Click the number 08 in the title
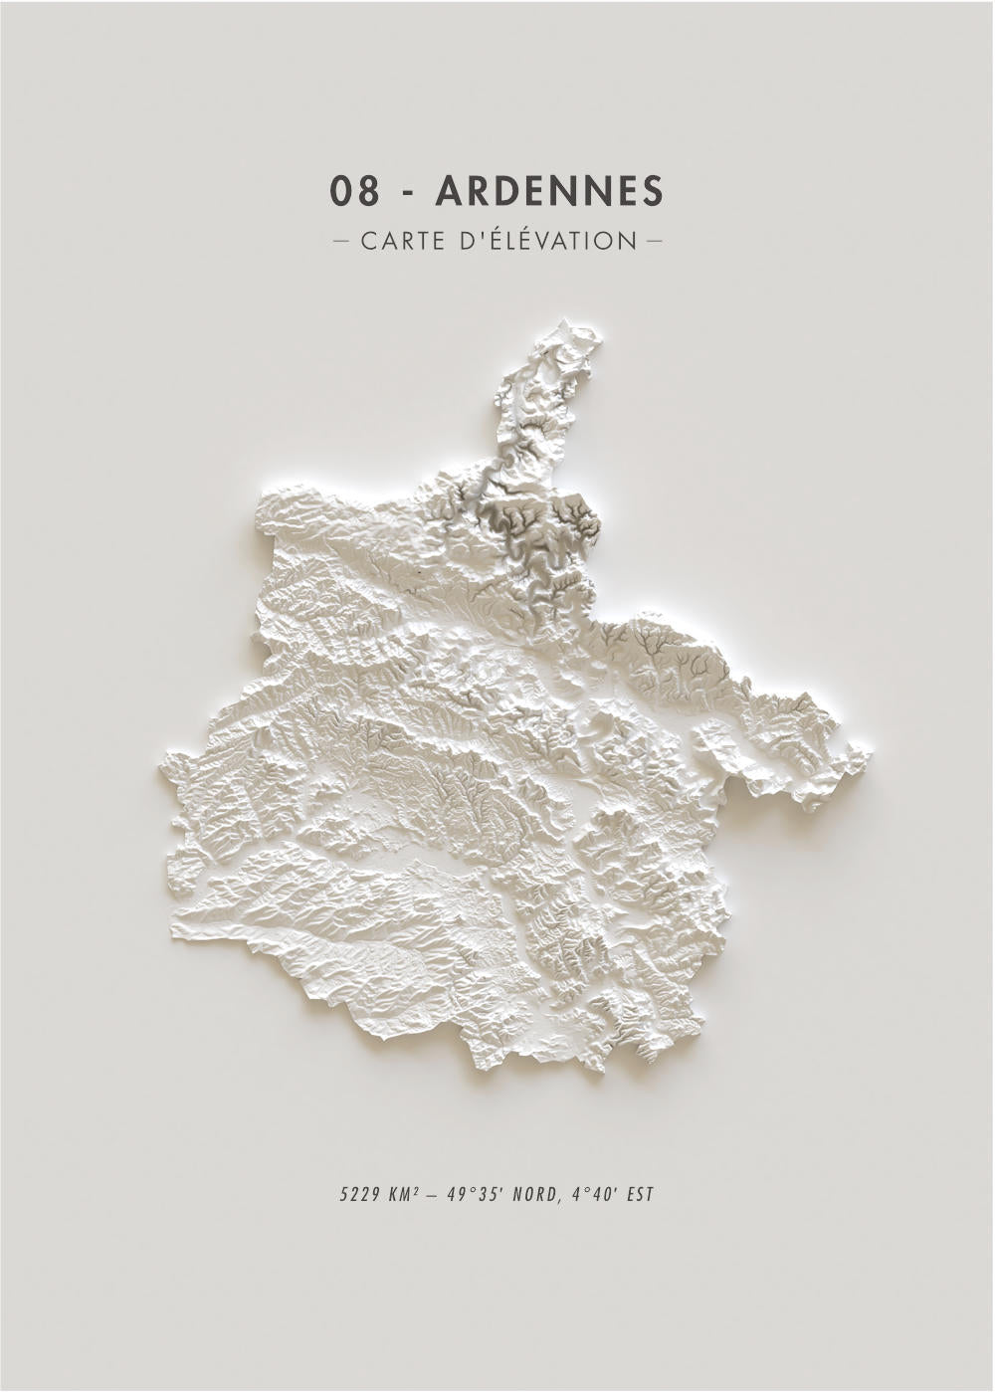click(355, 191)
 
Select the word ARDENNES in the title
click(549, 191)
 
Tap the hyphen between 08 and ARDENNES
click(408, 193)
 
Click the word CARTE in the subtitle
click(403, 241)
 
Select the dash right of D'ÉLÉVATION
click(654, 241)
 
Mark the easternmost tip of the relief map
click(870, 754)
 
